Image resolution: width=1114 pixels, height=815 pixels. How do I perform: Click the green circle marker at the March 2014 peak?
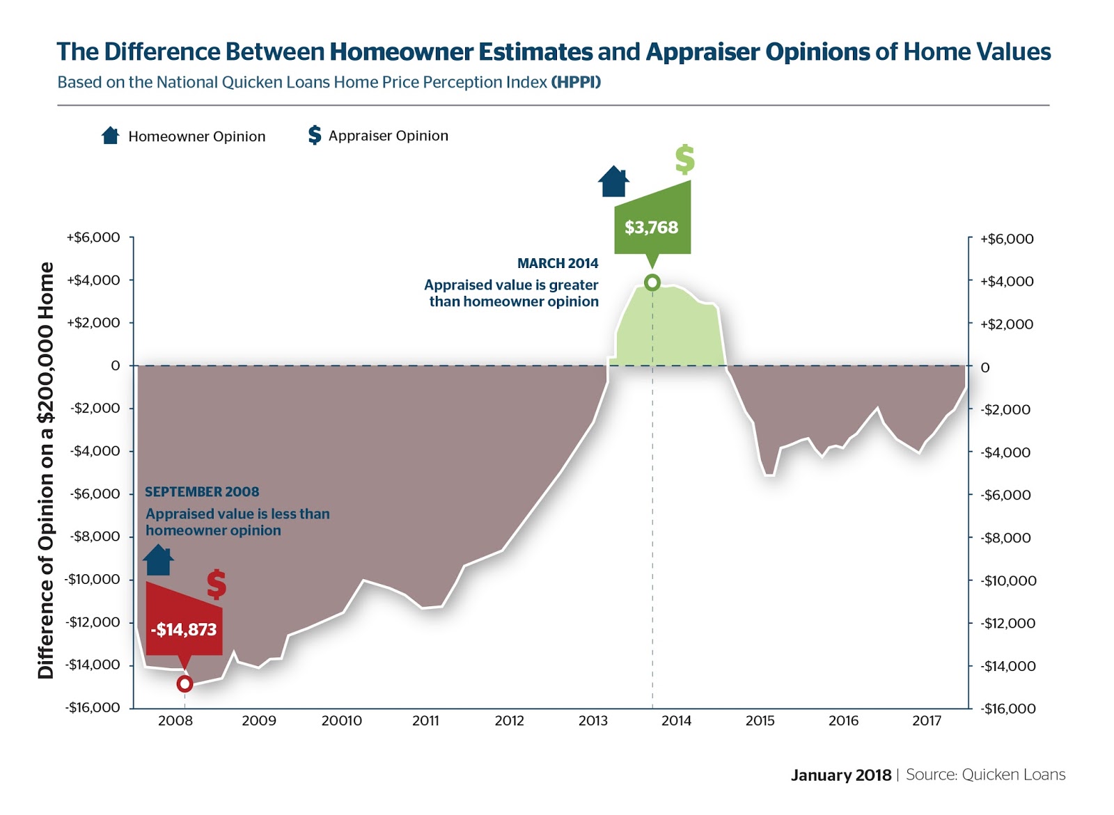(652, 283)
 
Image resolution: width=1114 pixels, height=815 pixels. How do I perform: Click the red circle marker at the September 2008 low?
(185, 684)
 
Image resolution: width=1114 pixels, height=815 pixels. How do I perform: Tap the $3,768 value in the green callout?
(651, 228)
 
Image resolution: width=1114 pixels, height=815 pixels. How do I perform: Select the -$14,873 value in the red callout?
(184, 630)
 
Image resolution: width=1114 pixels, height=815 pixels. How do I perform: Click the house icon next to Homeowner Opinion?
(110, 135)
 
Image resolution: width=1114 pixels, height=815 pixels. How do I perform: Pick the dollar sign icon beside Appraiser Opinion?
(315, 135)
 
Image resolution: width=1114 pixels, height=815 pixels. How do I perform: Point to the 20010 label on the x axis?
(341, 721)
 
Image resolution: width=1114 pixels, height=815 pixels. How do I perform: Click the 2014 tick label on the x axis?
(676, 721)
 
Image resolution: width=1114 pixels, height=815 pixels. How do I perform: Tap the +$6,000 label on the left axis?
(93, 237)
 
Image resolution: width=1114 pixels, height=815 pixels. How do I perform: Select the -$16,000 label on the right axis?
(1008, 709)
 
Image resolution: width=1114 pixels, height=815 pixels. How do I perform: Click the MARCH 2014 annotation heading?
(557, 263)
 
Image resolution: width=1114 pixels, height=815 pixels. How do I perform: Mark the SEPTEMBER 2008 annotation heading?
(202, 492)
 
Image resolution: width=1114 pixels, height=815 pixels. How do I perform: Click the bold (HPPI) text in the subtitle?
(576, 82)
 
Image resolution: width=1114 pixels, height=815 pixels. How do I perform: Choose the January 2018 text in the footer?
(840, 775)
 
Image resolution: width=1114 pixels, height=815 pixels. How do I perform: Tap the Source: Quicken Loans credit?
(985, 775)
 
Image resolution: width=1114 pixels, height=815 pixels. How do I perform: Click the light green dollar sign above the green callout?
(684, 159)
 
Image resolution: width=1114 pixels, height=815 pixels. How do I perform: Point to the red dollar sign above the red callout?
(217, 585)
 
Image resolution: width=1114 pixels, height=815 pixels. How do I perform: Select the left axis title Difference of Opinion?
(46, 470)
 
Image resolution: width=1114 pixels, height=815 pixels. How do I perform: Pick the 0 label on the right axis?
(984, 367)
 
